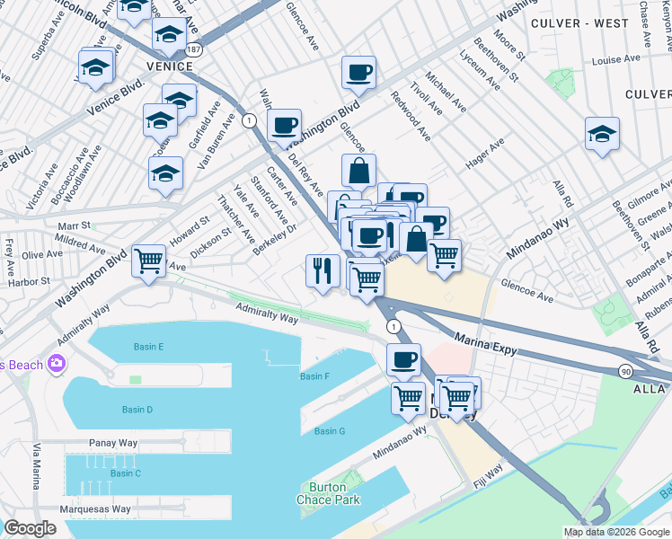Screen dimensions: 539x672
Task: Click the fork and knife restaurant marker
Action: pos(323,270)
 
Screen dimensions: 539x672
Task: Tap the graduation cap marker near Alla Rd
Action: pos(602,134)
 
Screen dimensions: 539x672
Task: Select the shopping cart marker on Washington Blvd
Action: pos(148,261)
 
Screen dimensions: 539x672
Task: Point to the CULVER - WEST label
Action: pos(579,23)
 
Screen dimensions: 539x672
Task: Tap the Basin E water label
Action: pos(148,347)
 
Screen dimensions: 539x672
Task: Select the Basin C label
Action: pos(125,473)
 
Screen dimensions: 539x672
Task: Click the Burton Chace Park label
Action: pos(323,493)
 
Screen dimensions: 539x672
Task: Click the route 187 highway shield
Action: pos(195,49)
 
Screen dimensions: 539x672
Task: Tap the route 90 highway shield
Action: pos(623,370)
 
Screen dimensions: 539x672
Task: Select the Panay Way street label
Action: pos(113,443)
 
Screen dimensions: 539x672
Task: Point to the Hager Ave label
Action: pos(485,154)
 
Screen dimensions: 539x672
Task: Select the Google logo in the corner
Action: pos(31,527)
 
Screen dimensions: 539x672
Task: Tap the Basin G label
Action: pos(330,431)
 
